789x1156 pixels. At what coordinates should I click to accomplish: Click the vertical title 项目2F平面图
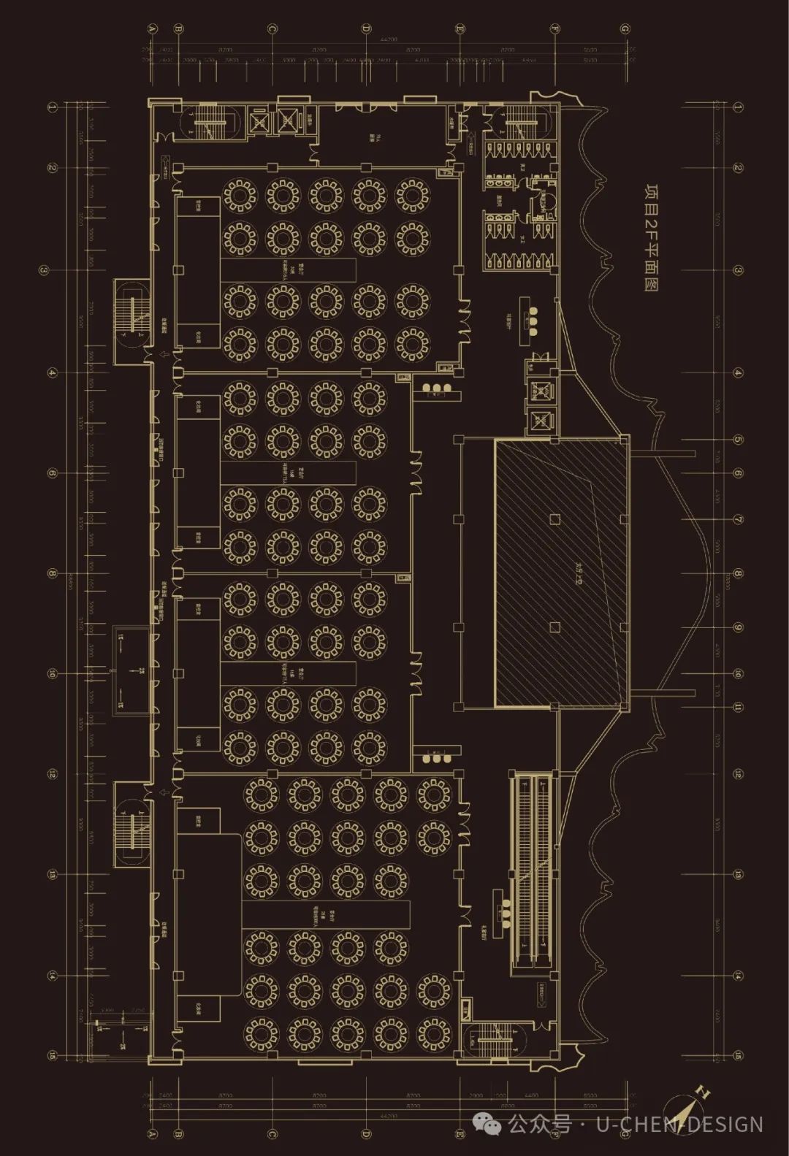click(651, 237)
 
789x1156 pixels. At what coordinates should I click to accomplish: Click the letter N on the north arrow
click(704, 1093)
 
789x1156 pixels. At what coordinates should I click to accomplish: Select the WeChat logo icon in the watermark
click(487, 1124)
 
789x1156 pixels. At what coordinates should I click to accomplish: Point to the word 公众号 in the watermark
click(541, 1124)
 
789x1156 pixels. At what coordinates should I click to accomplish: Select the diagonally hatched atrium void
click(561, 573)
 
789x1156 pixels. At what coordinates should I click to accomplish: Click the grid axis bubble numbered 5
click(738, 440)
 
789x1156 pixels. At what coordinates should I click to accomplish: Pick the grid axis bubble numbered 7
click(738, 519)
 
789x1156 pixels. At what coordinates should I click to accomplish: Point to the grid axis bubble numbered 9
click(738, 627)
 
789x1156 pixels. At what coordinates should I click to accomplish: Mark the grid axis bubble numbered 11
click(738, 707)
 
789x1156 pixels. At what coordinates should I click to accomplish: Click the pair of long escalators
click(532, 873)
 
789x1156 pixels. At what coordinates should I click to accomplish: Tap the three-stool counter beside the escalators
click(503, 910)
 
